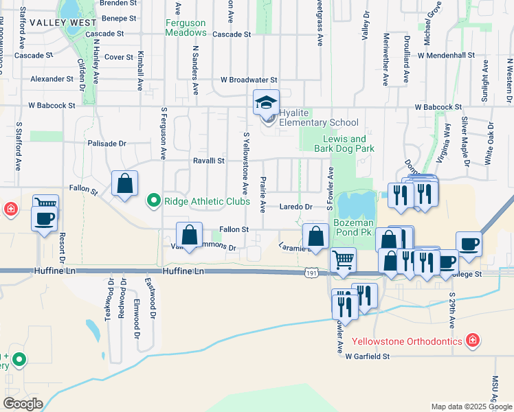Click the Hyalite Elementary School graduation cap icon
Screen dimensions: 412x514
click(x=267, y=103)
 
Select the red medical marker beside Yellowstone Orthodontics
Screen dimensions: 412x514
click(x=473, y=341)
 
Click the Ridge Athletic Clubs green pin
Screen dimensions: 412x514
click(x=154, y=201)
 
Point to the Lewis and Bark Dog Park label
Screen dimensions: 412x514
click(x=344, y=144)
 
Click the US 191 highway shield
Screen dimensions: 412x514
click(x=311, y=273)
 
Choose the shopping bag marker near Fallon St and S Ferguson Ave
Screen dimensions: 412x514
click(x=124, y=184)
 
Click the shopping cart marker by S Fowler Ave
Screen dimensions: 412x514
click(x=343, y=261)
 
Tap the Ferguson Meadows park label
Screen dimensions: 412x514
click(x=186, y=27)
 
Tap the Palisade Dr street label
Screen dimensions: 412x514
click(x=107, y=144)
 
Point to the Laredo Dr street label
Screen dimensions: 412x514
click(x=295, y=206)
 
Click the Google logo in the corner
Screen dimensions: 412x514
click(x=22, y=404)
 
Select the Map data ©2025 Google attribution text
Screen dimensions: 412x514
click(x=471, y=407)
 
